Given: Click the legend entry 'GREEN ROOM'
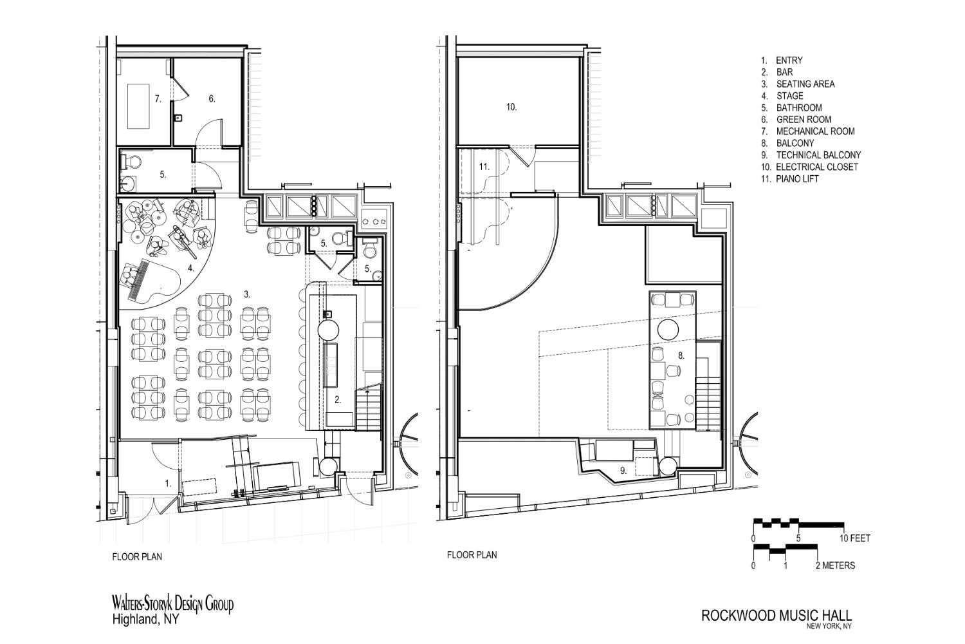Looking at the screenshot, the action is click(804, 120).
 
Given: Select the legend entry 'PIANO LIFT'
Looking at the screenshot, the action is click(798, 178).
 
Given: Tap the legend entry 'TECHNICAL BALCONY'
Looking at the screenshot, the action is click(818, 155).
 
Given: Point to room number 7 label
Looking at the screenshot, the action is click(158, 99).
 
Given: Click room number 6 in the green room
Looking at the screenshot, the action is click(212, 99).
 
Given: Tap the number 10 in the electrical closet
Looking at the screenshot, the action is click(511, 106).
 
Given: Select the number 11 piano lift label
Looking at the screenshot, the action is click(484, 167).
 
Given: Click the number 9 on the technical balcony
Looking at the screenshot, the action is click(623, 471).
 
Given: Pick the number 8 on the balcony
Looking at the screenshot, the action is click(681, 355).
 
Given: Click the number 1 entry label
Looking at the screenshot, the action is click(169, 484).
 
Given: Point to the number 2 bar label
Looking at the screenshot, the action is click(338, 400).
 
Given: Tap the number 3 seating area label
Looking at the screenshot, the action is click(247, 294).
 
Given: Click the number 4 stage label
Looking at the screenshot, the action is click(191, 268).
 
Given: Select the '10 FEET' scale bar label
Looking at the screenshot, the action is click(855, 538).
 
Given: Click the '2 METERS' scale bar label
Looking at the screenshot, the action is click(835, 565).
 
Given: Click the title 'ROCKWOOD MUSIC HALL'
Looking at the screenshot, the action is click(777, 616).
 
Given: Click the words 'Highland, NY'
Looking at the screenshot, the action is click(145, 620).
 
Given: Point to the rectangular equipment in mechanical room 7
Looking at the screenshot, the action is click(138, 106).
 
